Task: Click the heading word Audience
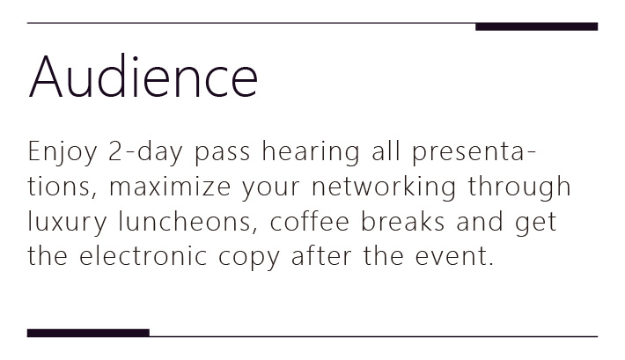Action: click(x=143, y=77)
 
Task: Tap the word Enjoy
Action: click(x=62, y=152)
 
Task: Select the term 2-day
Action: click(x=145, y=152)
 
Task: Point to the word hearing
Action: click(x=311, y=152)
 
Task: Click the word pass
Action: click(x=223, y=153)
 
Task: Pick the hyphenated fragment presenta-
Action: click(x=474, y=153)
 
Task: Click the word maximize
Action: click(x=170, y=187)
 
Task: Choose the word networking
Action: click(x=384, y=187)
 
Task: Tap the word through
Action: click(x=519, y=187)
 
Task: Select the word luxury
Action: click(x=68, y=221)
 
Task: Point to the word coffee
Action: click(x=310, y=220)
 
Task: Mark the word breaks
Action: click(x=402, y=220)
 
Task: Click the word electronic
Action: click(x=143, y=254)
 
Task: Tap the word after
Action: click(x=321, y=254)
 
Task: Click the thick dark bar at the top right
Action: click(x=536, y=26)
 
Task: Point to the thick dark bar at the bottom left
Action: click(x=88, y=333)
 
